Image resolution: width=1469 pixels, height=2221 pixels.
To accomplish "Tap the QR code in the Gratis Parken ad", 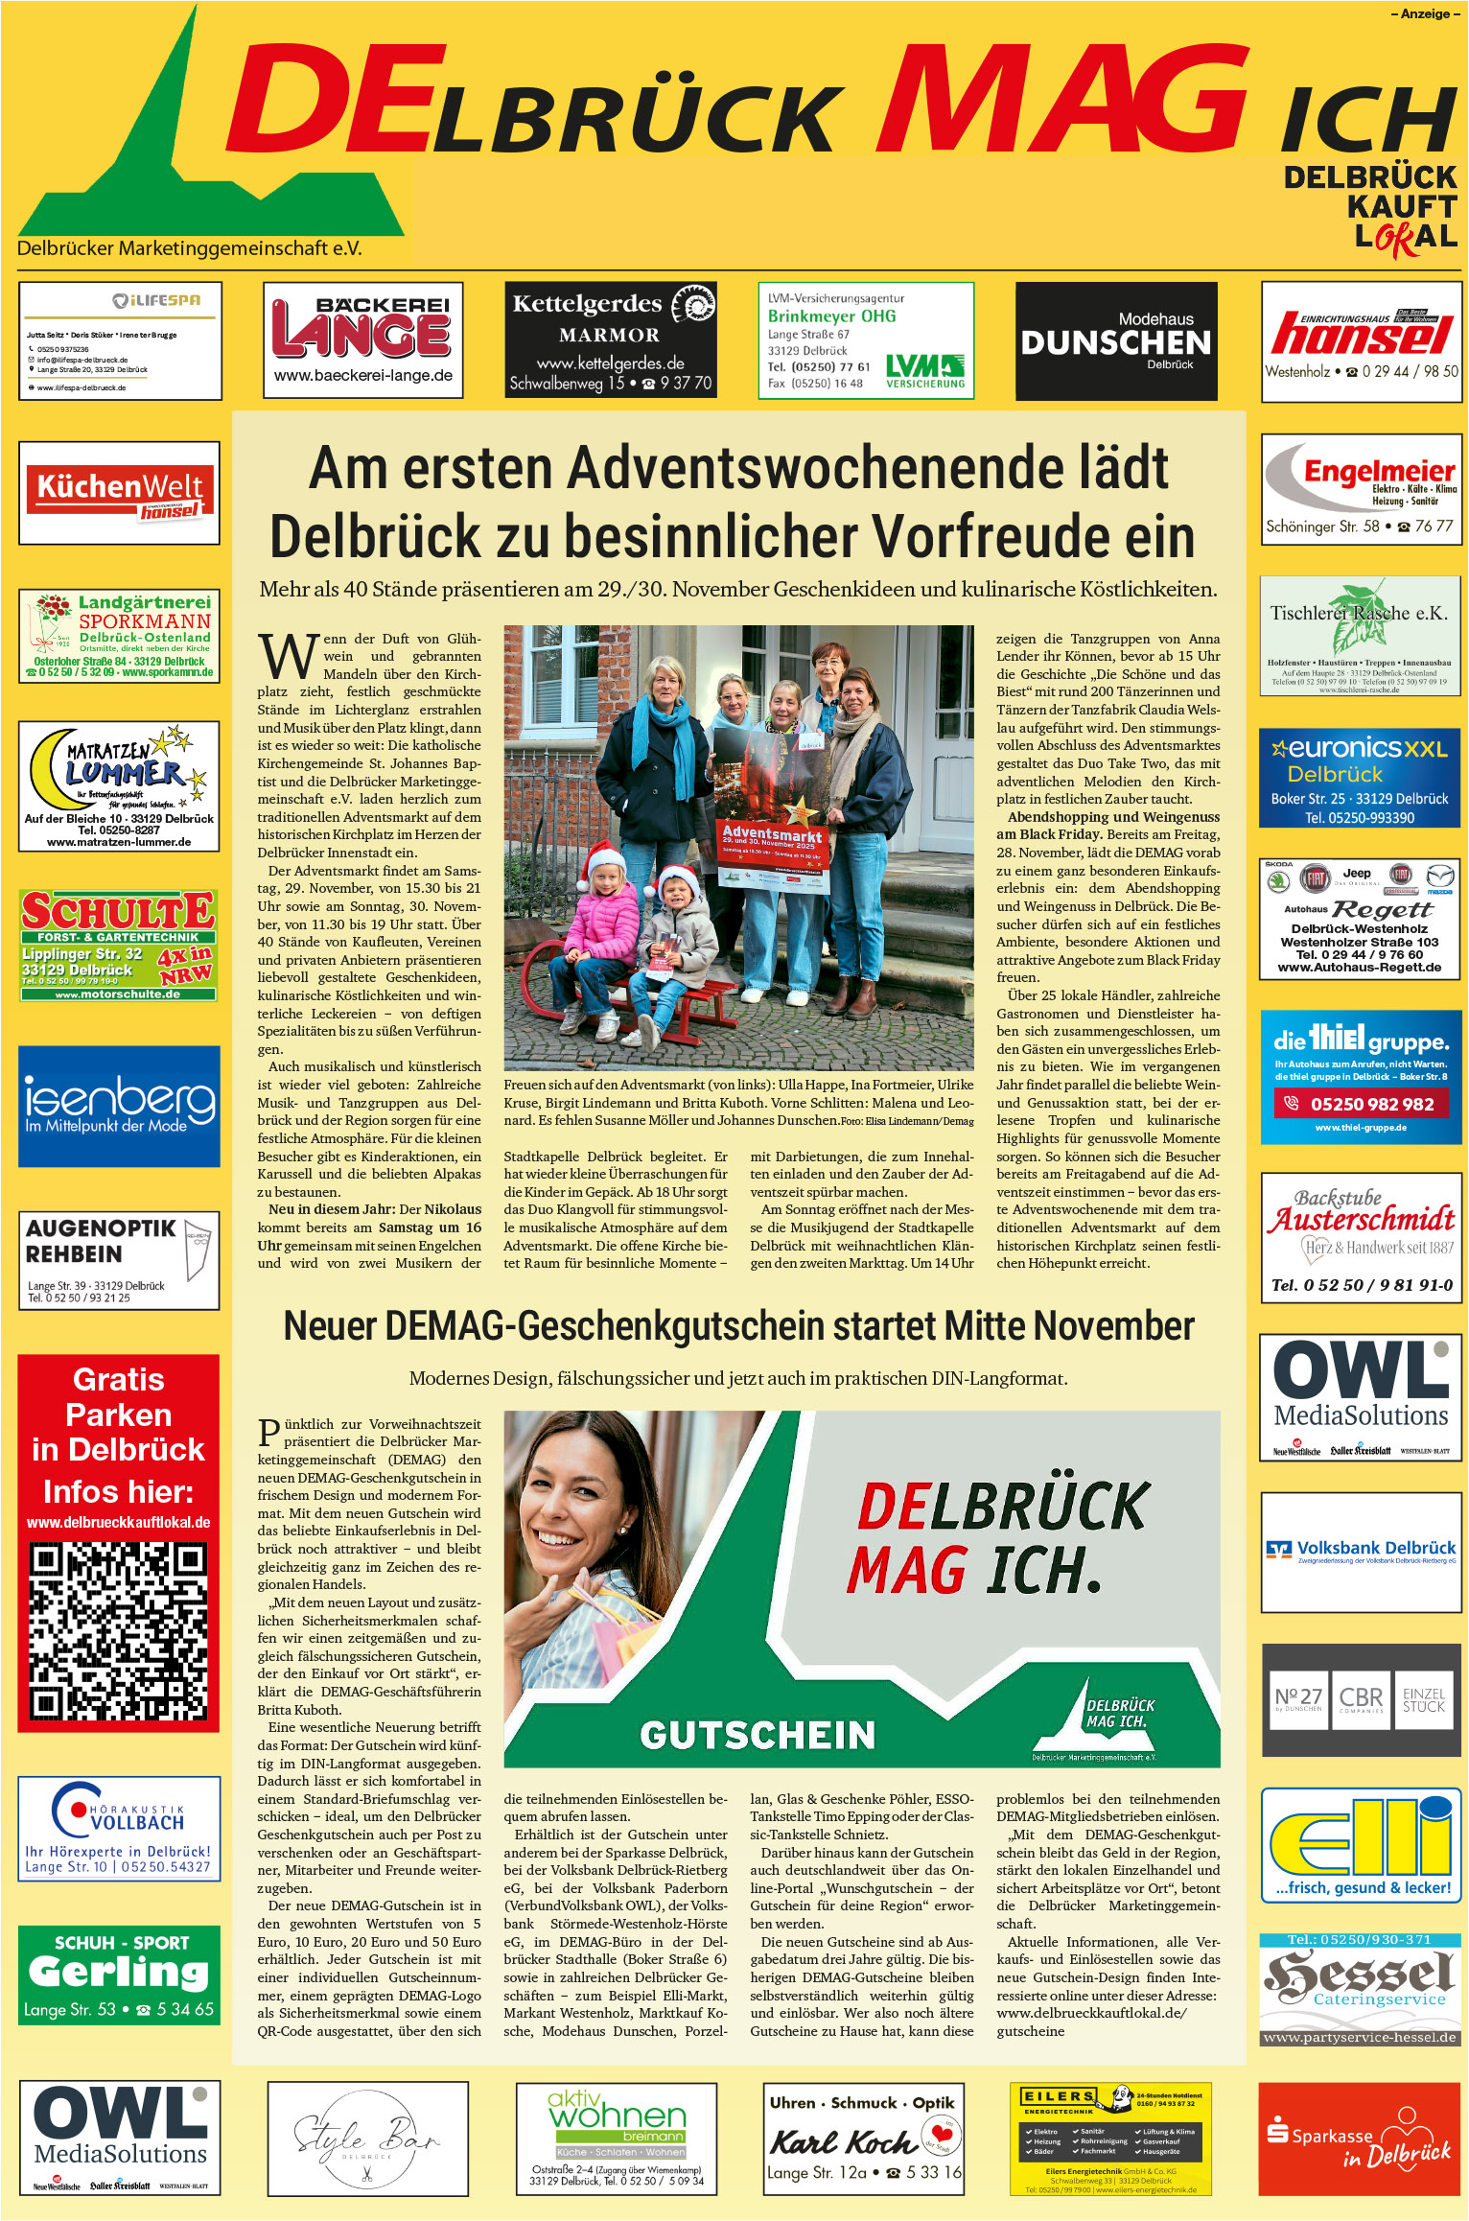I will [119, 1630].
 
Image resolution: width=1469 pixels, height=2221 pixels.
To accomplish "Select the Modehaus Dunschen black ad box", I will [1116, 341].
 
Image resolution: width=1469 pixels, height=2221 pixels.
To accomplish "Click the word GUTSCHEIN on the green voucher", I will [758, 1735].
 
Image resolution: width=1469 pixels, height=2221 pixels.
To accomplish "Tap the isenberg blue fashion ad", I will [119, 1106].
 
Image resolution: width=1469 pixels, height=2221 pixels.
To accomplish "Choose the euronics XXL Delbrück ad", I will [1360, 778].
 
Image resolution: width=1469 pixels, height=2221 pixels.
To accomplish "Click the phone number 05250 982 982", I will [1371, 1104].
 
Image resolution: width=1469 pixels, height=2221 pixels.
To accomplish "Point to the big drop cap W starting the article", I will [287, 656].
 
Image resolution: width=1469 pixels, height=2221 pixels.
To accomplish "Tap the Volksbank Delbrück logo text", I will [1375, 1548].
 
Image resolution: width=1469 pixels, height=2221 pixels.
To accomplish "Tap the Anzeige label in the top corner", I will [1425, 13].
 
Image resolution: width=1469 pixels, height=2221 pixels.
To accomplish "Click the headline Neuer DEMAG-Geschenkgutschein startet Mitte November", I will [738, 1326].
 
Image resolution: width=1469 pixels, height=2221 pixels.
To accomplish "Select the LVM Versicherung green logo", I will [924, 370].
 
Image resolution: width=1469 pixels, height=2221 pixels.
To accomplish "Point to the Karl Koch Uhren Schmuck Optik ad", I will [864, 2137].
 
